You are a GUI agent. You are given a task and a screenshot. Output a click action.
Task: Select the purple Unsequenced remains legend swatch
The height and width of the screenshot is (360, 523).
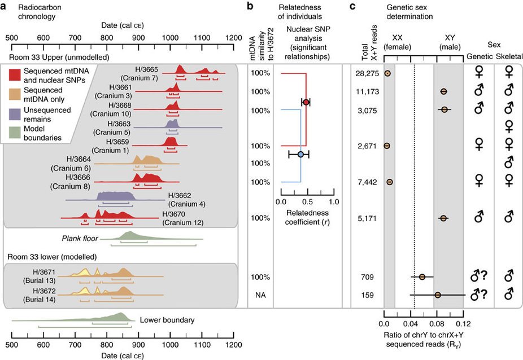[15, 115]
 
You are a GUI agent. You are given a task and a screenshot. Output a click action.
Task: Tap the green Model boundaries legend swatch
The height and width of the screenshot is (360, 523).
[15, 133]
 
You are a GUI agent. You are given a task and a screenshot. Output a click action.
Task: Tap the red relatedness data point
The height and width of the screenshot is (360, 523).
[306, 102]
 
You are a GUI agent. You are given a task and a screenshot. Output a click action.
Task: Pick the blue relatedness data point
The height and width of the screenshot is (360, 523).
[300, 154]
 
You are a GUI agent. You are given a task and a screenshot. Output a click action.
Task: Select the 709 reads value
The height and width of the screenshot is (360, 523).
[368, 277]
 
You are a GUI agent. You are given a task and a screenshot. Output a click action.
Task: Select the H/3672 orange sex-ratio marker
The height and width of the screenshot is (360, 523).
[438, 295]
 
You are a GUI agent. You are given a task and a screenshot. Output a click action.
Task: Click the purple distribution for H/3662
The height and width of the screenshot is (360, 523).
[116, 196]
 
